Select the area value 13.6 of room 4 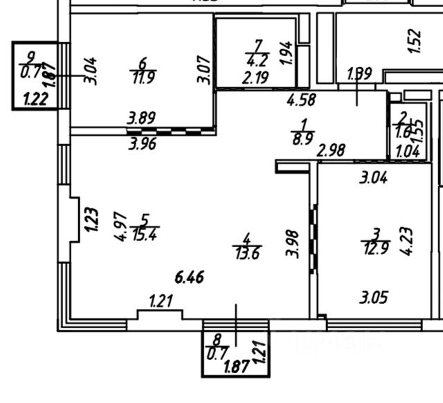pos(246,254)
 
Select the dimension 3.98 pos(293,242)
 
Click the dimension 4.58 pos(302,100)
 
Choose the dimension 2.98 pos(332,149)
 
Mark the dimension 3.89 pos(140,120)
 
